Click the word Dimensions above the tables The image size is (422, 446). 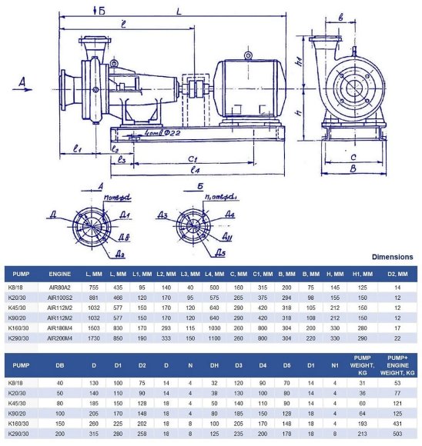click(x=392, y=257)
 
